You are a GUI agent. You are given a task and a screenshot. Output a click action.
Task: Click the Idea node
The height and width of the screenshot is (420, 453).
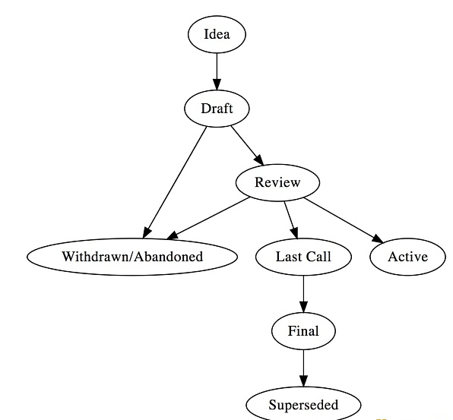217,34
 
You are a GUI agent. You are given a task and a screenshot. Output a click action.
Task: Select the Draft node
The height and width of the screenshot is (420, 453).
217,109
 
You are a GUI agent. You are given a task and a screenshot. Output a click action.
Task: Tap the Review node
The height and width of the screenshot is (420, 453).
277,182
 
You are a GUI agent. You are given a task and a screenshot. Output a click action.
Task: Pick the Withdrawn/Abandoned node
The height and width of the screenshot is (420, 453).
132,257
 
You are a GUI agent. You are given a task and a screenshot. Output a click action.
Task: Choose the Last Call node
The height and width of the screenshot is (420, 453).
303,257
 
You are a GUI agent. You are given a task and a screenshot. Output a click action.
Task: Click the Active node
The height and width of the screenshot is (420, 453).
407,257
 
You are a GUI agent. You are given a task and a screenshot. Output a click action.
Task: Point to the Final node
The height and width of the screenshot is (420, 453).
303,331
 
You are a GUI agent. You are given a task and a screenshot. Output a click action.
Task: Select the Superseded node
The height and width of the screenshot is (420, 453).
303,405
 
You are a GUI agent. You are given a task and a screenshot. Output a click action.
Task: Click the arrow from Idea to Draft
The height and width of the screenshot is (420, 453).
217,71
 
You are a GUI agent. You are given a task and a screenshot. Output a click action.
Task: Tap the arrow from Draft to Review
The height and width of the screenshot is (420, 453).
247,146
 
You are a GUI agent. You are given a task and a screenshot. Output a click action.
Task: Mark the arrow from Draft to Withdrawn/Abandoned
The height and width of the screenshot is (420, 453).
175,182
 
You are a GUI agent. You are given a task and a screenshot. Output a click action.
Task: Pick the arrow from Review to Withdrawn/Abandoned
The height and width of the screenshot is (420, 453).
208,218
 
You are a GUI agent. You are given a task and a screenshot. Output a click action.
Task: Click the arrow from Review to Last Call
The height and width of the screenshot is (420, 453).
290,220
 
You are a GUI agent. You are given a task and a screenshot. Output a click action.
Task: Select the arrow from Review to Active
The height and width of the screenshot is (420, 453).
344,220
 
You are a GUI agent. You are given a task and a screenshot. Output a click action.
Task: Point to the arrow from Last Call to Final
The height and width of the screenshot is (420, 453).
303,294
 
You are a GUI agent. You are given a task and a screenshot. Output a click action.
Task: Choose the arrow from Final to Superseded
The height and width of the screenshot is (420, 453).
303,368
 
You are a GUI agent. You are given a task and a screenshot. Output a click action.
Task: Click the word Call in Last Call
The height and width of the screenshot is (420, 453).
318,257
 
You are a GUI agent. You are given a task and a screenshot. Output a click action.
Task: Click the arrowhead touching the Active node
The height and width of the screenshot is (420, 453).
378,238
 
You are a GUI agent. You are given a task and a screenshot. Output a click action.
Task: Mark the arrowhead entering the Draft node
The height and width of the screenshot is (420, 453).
217,84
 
